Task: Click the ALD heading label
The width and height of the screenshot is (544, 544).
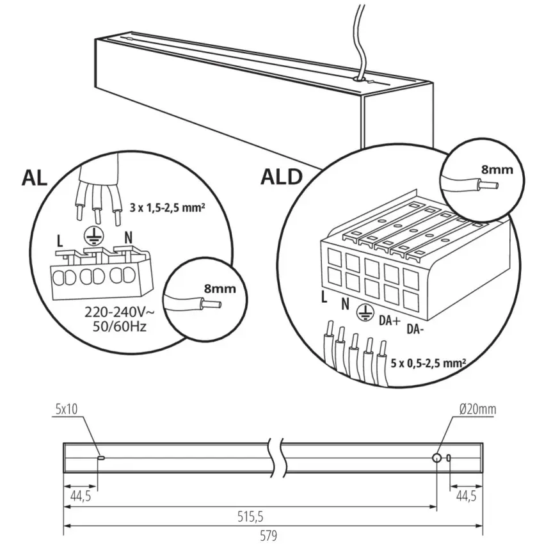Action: coord(281,177)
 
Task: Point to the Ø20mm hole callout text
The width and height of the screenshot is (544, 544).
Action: coord(477,410)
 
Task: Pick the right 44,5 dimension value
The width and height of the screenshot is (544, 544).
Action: coord(465,495)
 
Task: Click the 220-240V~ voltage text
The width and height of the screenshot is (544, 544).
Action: coord(120,314)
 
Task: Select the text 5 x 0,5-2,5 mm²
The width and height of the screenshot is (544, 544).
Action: coord(428,362)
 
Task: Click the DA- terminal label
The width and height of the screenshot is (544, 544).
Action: coord(416,330)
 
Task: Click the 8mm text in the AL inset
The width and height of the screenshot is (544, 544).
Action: coord(220,289)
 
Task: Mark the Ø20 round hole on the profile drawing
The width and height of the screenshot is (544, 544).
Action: coord(436,458)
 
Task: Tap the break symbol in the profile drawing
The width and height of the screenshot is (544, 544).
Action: coord(273,456)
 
